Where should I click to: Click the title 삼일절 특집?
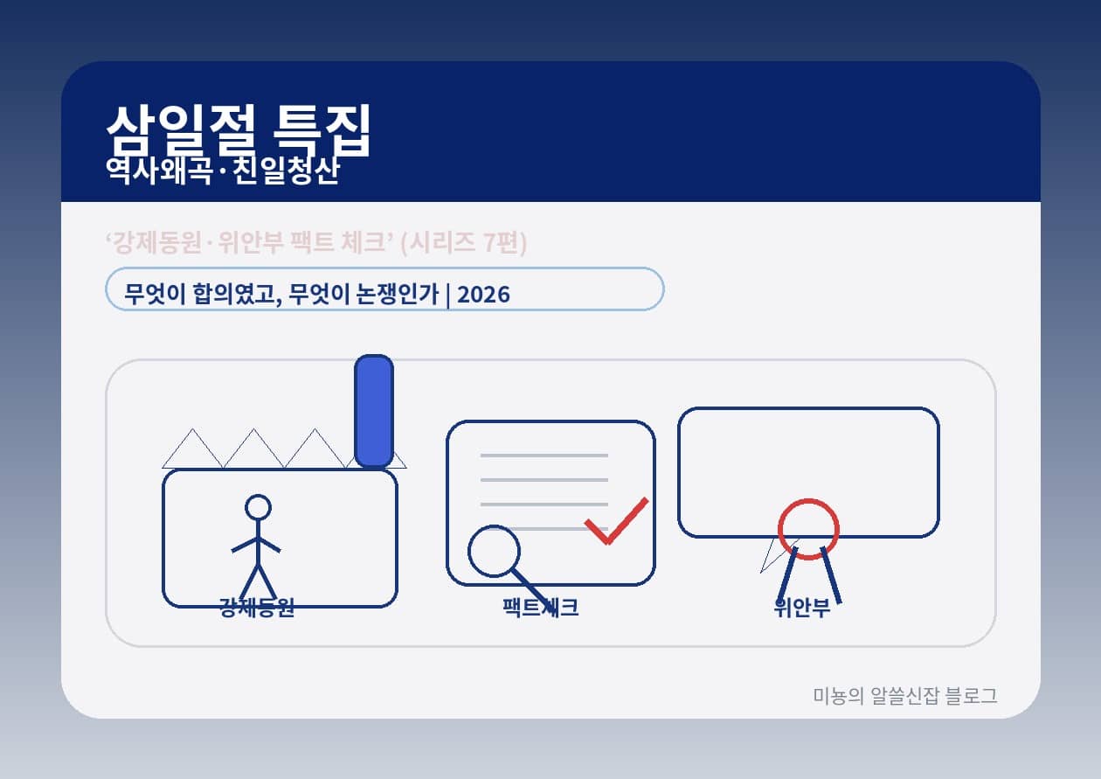239,131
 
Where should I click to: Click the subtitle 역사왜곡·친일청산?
221,171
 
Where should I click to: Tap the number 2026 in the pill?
483,295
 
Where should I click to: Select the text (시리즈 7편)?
463,243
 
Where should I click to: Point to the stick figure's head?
258,507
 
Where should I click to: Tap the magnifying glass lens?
495,551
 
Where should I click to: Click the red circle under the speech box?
808,529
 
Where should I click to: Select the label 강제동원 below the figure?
257,608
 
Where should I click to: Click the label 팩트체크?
540,608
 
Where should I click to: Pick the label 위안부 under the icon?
802,608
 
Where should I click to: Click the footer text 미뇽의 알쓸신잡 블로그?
904,696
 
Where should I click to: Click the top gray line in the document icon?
544,456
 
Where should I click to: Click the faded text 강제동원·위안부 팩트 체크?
248,243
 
